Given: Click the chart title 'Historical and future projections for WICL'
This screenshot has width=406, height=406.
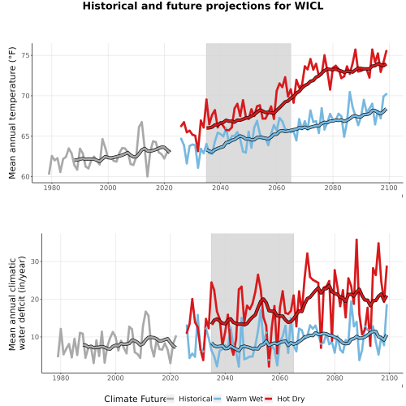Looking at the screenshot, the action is [x=203, y=6].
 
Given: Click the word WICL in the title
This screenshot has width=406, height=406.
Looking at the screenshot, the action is [x=309, y=6].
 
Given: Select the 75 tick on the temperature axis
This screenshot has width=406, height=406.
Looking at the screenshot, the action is [x=25, y=55].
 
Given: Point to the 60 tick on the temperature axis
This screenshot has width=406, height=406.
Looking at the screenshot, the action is [x=25, y=176].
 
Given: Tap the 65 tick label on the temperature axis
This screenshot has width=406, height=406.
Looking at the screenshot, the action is [x=25, y=136].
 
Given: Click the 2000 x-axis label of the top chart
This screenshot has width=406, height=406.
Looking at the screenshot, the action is [x=108, y=188].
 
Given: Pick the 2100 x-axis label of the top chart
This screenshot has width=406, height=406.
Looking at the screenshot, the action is [x=389, y=188].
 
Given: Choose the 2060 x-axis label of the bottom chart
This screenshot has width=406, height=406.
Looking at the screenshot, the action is [x=280, y=378].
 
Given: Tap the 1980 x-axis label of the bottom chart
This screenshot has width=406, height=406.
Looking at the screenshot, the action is [x=61, y=378].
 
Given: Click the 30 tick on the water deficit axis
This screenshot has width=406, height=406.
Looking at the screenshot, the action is [x=35, y=261].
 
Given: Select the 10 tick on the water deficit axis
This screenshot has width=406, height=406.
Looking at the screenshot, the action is [x=35, y=337].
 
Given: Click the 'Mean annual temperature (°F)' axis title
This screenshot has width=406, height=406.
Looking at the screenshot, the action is [x=12, y=113].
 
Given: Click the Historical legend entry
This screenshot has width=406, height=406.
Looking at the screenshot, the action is [x=189, y=399].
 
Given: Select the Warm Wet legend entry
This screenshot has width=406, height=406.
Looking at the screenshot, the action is [x=239, y=399].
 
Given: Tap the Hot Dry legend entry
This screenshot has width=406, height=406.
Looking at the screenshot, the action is [x=285, y=399].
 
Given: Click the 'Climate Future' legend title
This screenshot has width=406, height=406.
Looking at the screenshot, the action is [x=135, y=399].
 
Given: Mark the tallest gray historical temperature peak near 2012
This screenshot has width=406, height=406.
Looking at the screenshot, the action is [x=141, y=122].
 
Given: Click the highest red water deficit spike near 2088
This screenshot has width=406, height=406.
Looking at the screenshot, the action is [x=356, y=240].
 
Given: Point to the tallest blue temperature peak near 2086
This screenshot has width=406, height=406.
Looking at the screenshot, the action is [x=350, y=92].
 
